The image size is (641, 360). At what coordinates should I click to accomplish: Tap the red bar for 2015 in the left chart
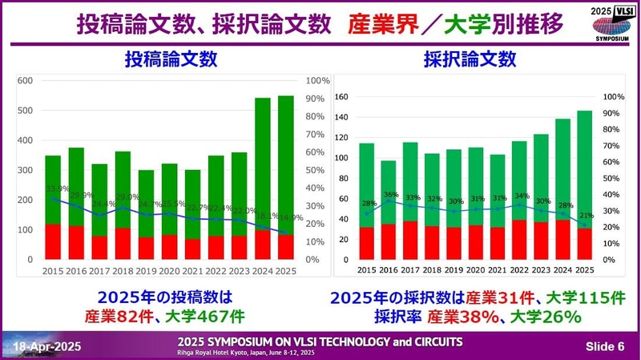click(53, 241)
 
